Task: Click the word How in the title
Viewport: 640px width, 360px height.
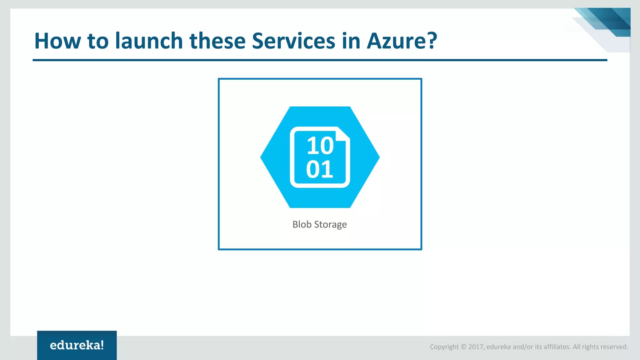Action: pyautogui.click(x=57, y=41)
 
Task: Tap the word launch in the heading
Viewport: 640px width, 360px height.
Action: pyautogui.click(x=149, y=41)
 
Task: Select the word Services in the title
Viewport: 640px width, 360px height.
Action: pyautogui.click(x=293, y=41)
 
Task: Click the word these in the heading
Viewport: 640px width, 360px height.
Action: pyautogui.click(x=217, y=41)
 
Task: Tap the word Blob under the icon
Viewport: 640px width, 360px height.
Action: pyautogui.click(x=302, y=224)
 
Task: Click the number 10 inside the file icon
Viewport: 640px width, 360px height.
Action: pyautogui.click(x=320, y=146)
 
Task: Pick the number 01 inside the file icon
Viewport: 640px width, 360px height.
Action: pyautogui.click(x=319, y=169)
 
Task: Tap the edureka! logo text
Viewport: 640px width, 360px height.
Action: pyautogui.click(x=77, y=345)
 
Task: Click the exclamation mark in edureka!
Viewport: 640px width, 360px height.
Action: pyautogui.click(x=102, y=345)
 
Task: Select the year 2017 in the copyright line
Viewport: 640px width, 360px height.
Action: pyautogui.click(x=476, y=347)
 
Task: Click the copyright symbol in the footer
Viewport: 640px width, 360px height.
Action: pyautogui.click(x=463, y=347)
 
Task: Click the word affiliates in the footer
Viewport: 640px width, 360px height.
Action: pyautogui.click(x=557, y=347)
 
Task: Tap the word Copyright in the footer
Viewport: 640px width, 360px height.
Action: pyautogui.click(x=444, y=347)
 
